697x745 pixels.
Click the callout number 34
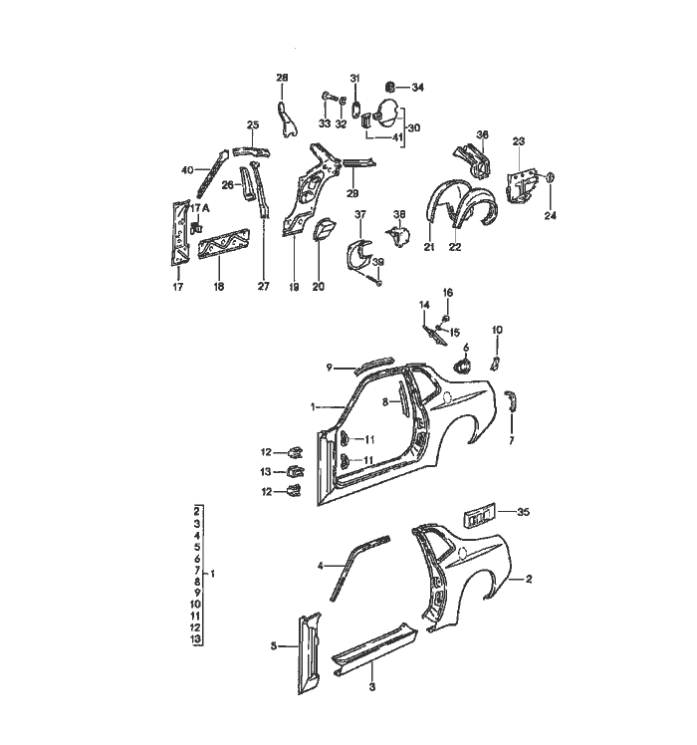click(x=418, y=88)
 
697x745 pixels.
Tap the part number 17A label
click(x=199, y=207)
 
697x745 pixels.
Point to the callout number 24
click(x=552, y=215)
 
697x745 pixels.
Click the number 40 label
click(x=186, y=170)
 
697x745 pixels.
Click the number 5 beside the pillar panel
click(x=273, y=645)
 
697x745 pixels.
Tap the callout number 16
click(x=447, y=292)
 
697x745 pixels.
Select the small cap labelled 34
click(x=390, y=87)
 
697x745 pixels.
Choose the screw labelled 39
click(x=379, y=281)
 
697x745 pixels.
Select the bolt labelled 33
click(x=327, y=98)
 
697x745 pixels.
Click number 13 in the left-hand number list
click(x=198, y=637)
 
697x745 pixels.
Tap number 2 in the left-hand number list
click(x=198, y=510)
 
